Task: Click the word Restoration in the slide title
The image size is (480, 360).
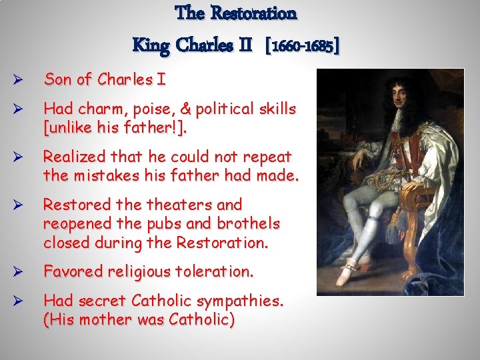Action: click(x=253, y=13)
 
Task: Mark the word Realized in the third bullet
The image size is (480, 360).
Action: click(x=73, y=157)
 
